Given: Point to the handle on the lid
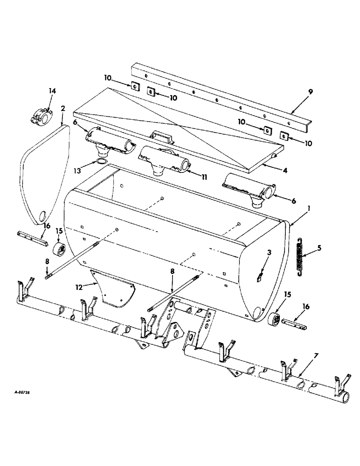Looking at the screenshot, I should tap(159, 138).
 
